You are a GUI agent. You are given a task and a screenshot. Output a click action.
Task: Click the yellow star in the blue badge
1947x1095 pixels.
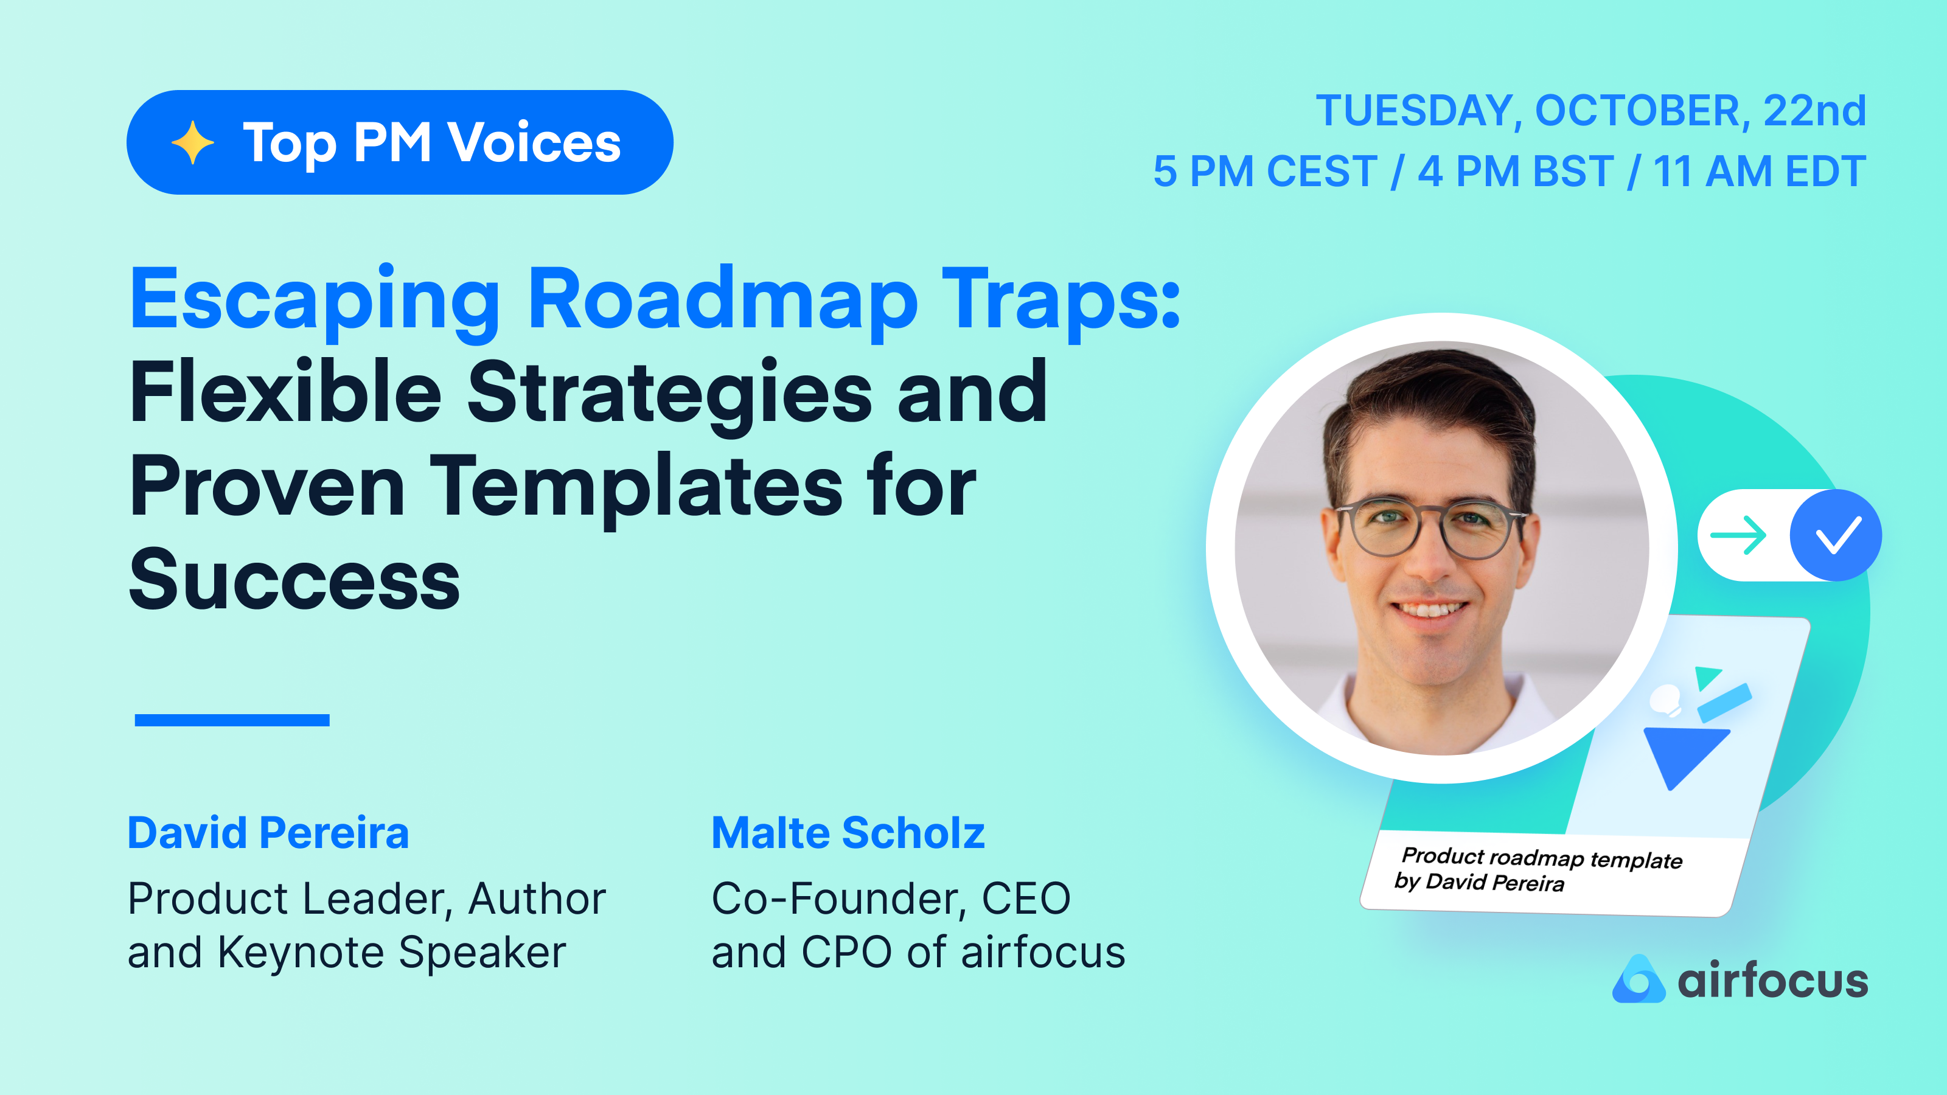pos(193,142)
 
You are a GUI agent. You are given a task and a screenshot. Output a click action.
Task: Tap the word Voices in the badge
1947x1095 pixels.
pos(534,142)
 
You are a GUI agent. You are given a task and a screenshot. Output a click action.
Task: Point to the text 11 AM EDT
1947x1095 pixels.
pos(1760,172)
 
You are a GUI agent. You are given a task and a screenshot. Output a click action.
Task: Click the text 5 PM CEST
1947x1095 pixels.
pos(1264,172)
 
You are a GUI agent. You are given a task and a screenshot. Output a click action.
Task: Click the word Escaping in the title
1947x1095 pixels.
pos(314,301)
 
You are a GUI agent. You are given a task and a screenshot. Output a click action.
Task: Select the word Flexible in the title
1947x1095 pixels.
pos(286,393)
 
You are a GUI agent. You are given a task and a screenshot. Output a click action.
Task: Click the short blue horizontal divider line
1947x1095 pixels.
pos(231,720)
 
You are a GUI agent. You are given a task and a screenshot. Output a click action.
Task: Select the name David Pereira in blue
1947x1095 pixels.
pos(268,833)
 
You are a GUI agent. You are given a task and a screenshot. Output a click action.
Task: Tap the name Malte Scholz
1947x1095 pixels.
pos(848,833)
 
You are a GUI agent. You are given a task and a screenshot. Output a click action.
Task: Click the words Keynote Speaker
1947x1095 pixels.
pos(391,952)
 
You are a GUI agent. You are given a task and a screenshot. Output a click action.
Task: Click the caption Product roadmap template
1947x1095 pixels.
pos(1542,858)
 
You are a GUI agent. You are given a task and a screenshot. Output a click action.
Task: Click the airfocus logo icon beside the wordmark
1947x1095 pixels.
pos(1638,979)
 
